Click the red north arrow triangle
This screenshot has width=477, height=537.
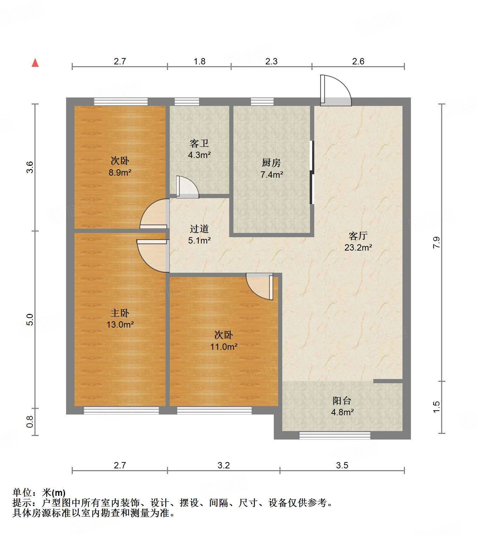click(35, 63)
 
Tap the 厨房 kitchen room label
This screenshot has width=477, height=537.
click(271, 163)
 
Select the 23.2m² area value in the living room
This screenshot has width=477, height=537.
click(358, 247)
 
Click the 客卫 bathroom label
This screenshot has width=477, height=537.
click(199, 143)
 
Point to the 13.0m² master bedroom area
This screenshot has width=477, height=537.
click(120, 324)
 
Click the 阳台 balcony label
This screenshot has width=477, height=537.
click(342, 400)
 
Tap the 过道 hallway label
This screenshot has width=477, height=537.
click(199, 229)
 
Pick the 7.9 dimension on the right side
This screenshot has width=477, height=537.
click(436, 243)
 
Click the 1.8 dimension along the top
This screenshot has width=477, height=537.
click(199, 62)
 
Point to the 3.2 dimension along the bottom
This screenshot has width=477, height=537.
click(224, 466)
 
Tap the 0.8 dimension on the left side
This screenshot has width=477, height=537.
click(30, 422)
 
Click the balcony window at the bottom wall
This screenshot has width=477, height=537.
click(335, 436)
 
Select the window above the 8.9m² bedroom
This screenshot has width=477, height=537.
click(121, 102)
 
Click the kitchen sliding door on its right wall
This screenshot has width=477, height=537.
click(311, 172)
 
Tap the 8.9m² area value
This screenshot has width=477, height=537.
click(120, 172)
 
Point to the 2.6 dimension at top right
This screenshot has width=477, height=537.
click(358, 62)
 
